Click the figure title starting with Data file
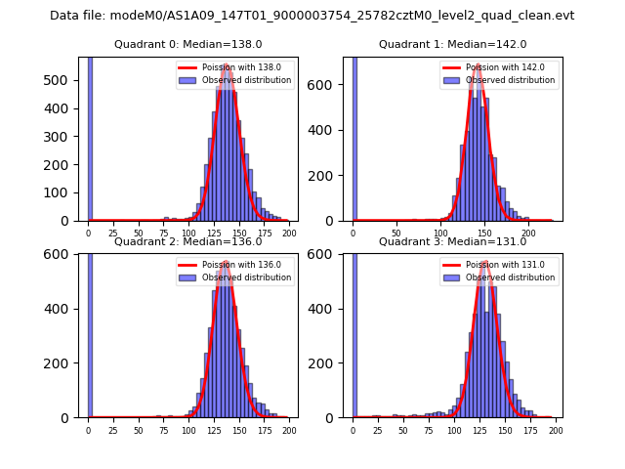pyautogui.click(x=312, y=16)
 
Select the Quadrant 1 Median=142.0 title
pyautogui.click(x=452, y=44)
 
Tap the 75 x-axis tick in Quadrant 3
pyautogui.click(x=429, y=431)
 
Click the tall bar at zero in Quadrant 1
pyautogui.click(x=354, y=137)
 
